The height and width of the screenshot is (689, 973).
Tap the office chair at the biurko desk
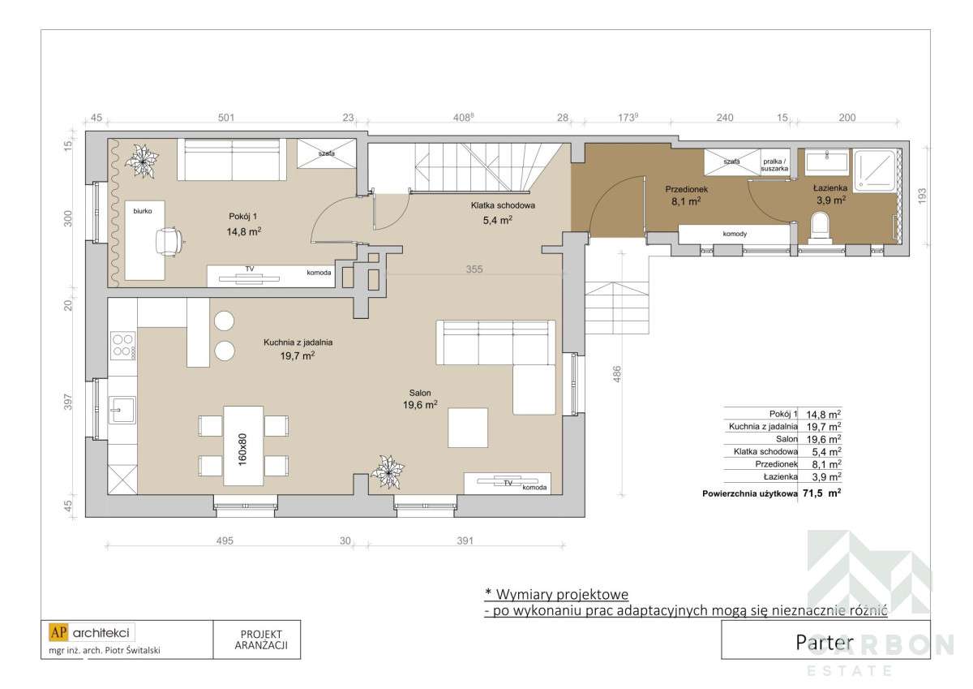pyautogui.click(x=171, y=240)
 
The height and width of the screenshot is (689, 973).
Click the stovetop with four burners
pyautogui.click(x=122, y=346)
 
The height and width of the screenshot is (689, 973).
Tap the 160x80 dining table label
pyautogui.click(x=242, y=446)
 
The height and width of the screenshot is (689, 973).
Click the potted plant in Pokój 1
pyautogui.click(x=144, y=159)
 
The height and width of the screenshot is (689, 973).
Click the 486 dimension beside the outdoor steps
pyautogui.click(x=618, y=374)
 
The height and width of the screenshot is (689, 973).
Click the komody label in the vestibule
pyautogui.click(x=735, y=234)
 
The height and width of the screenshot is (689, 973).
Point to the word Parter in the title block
pyautogui.click(x=825, y=641)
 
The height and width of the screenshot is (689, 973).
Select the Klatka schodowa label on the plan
pyautogui.click(x=504, y=205)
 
